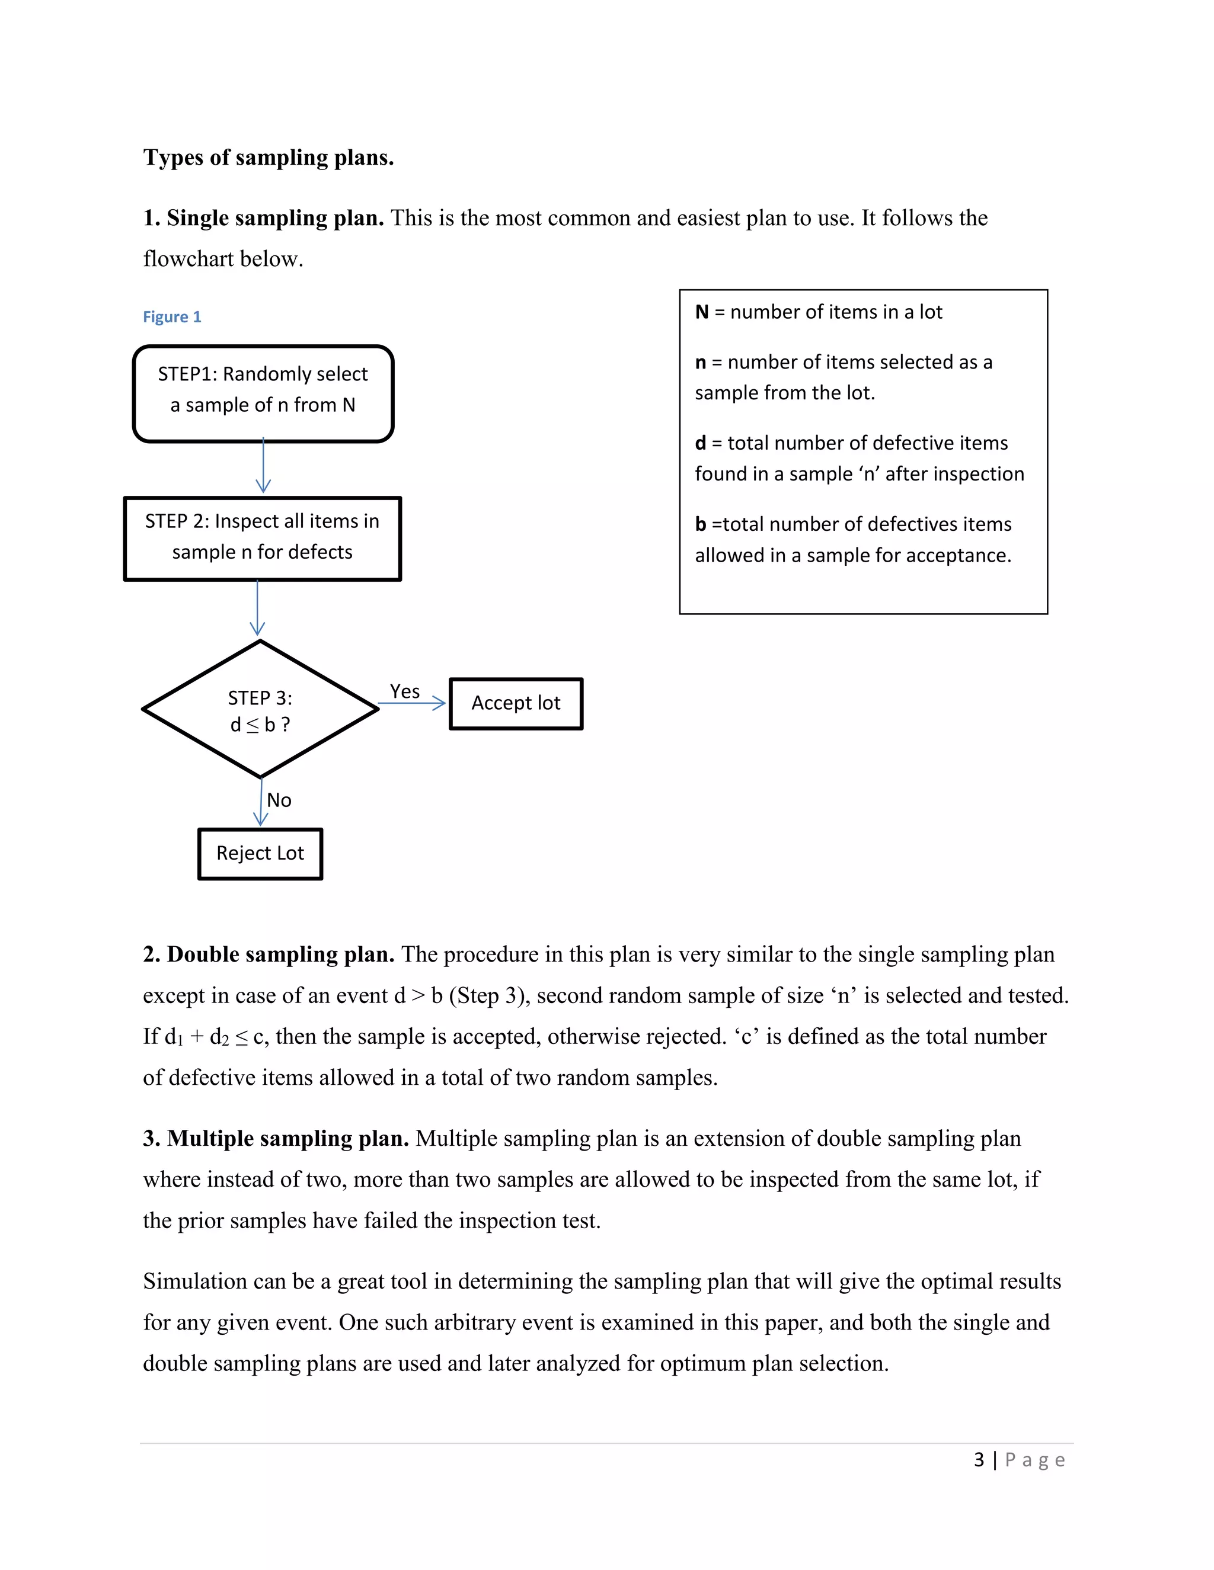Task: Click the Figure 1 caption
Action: click(172, 317)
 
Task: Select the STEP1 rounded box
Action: click(263, 393)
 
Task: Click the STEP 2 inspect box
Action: click(263, 539)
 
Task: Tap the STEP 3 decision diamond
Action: click(260, 710)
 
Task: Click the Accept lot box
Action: click(516, 704)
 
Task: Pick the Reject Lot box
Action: click(260, 854)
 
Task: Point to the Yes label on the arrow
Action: click(404, 691)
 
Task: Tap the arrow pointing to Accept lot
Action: click(412, 704)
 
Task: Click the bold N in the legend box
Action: click(701, 312)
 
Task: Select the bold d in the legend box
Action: click(700, 444)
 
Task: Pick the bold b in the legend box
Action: click(700, 525)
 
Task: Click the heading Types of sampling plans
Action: click(269, 158)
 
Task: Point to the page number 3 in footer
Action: click(979, 1460)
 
